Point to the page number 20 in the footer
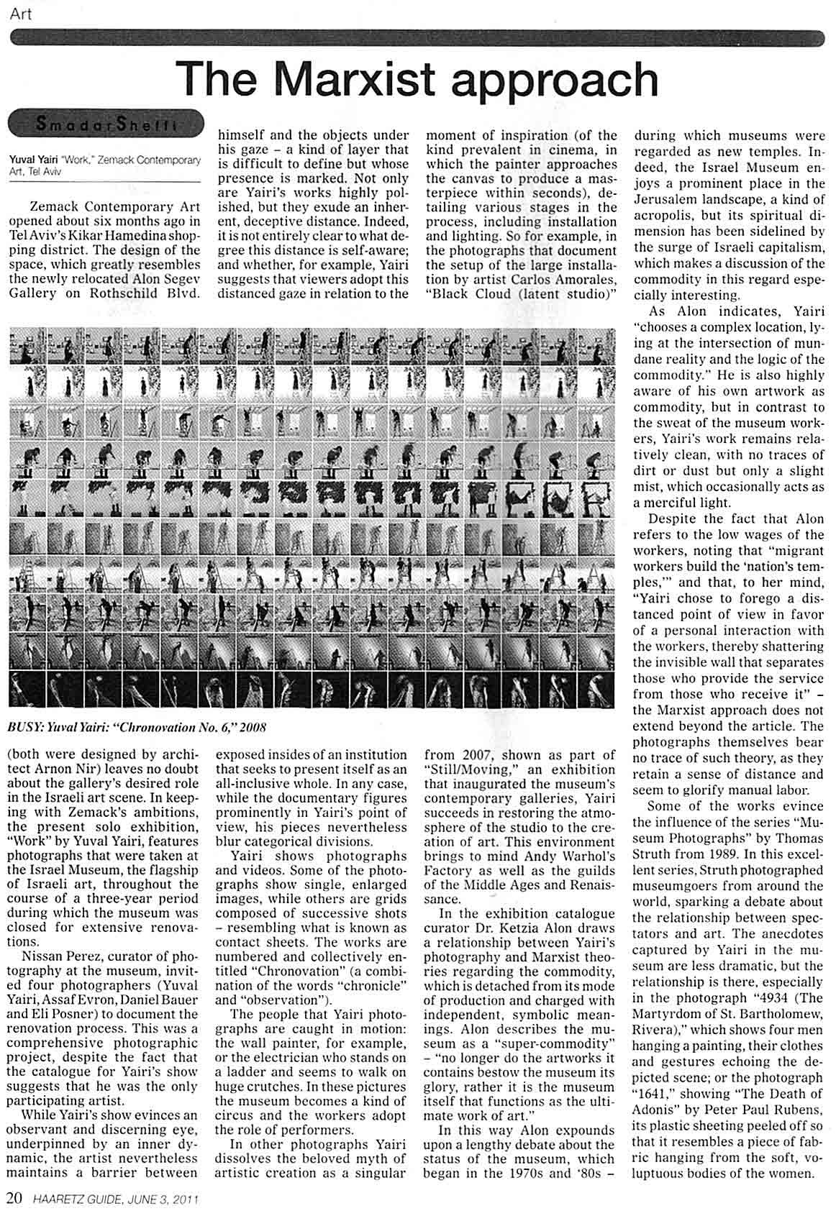point(16,1199)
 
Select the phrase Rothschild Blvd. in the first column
point(155,294)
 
